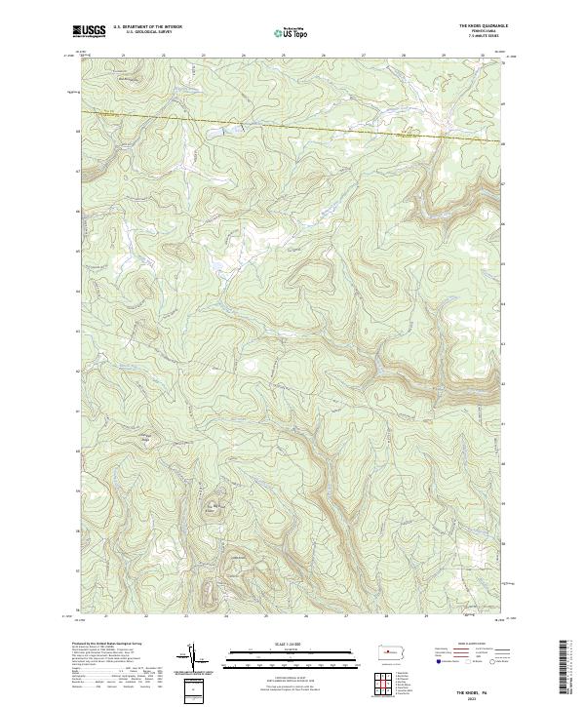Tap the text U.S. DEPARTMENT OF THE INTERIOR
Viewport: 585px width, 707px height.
click(x=147, y=27)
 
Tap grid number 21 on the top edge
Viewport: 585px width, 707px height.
click(x=124, y=55)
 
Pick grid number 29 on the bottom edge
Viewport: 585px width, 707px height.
click(x=426, y=616)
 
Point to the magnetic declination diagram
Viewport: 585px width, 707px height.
click(x=192, y=656)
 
